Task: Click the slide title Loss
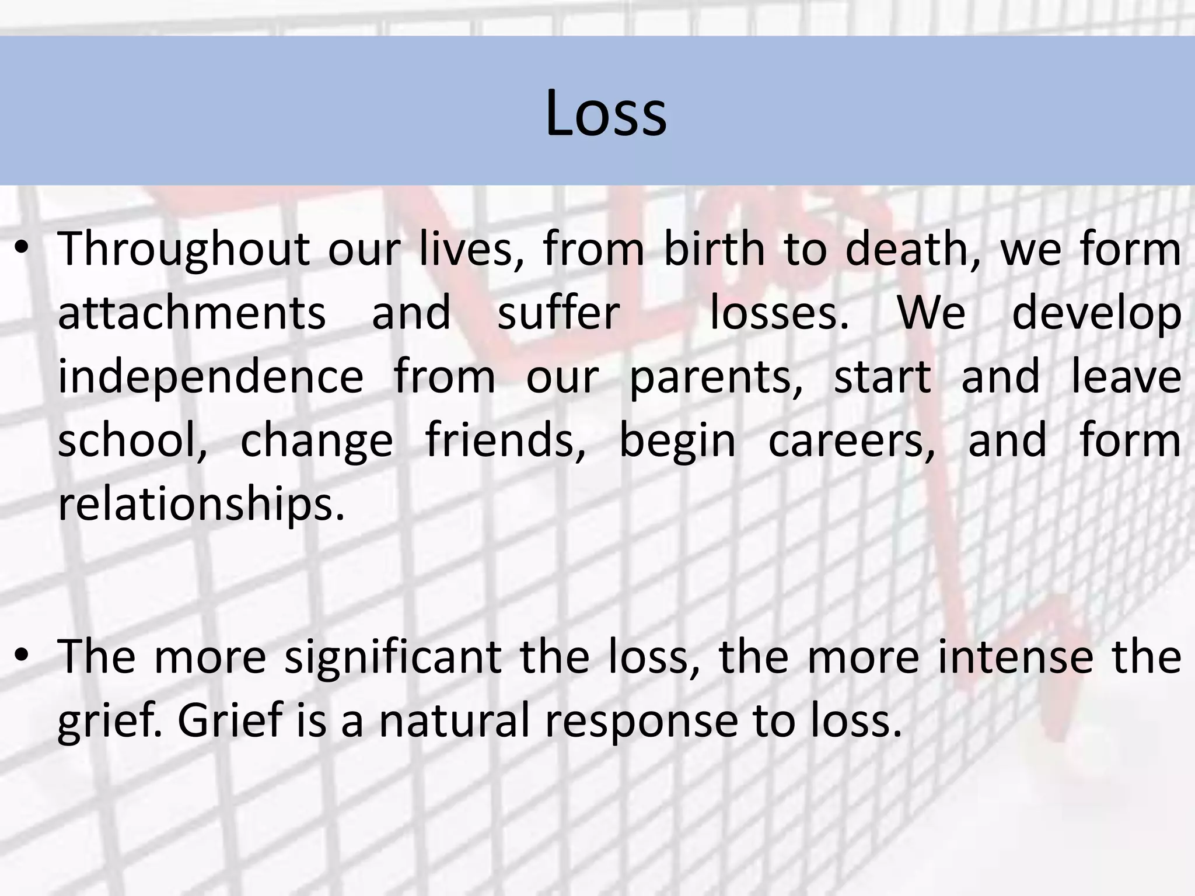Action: pos(605,113)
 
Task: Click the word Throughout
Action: pos(184,250)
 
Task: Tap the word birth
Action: pos(714,250)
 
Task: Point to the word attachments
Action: pos(192,314)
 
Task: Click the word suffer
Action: pos(558,314)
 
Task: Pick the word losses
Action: pos(779,314)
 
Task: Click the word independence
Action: pos(211,378)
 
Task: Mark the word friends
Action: pos(505,441)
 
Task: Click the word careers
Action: pos(851,442)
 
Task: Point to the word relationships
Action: pos(201,505)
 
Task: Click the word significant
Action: pos(393,658)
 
